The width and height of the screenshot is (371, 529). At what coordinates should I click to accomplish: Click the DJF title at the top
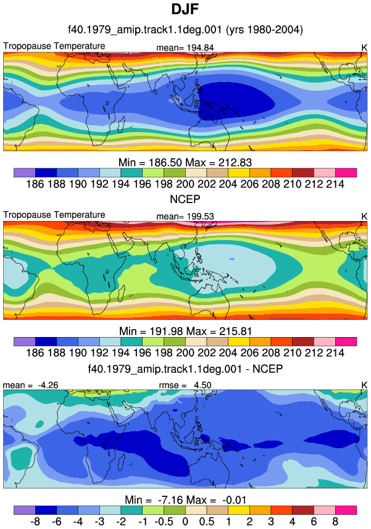click(185, 9)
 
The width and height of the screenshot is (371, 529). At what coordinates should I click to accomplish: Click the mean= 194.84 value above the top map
click(185, 48)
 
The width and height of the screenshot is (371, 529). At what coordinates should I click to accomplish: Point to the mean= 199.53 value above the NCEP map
click(185, 217)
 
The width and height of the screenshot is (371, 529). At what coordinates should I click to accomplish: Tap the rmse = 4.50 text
click(185, 385)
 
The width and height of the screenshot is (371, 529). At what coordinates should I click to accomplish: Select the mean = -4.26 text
click(30, 385)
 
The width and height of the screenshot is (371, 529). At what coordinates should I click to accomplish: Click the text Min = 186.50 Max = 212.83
click(185, 162)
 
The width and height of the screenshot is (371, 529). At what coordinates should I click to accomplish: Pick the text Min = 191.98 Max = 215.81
click(185, 331)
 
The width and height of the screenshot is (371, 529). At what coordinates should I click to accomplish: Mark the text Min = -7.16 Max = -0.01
click(185, 499)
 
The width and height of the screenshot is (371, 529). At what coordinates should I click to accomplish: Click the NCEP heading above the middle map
click(185, 199)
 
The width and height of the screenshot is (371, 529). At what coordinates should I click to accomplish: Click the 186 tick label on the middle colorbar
click(35, 352)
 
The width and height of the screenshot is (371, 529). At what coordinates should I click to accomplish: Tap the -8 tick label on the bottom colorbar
click(35, 522)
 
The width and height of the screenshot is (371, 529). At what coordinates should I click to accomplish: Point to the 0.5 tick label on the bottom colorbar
click(206, 522)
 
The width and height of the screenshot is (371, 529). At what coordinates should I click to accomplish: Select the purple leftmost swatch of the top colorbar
click(25, 173)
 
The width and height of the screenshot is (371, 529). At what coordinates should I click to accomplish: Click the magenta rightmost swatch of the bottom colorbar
click(346, 510)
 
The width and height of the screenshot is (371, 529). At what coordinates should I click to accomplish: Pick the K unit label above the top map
click(364, 48)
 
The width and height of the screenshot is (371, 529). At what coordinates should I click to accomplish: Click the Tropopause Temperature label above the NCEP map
click(54, 215)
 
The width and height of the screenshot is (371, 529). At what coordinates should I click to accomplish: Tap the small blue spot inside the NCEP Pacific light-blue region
click(231, 259)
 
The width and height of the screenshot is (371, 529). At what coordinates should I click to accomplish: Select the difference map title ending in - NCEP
click(185, 369)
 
